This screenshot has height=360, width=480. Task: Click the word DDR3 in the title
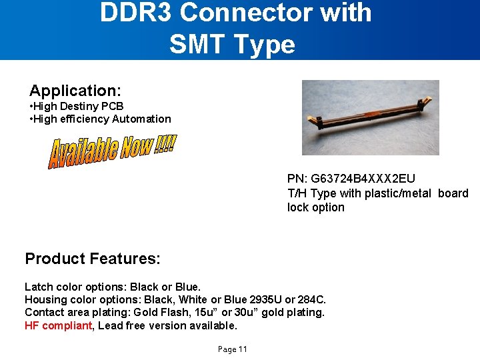pos(135,13)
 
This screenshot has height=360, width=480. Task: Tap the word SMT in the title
pos(195,45)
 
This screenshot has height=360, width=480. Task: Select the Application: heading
pos(74,91)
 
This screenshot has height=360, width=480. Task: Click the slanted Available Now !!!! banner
pos(112,151)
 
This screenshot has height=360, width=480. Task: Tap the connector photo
pos(370,117)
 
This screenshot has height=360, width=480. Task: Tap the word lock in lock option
pos(297,207)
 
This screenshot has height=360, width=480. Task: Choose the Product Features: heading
pos(93,259)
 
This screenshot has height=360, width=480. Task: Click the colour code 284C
pos(311,299)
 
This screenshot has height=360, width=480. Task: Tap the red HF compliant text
pos(58,325)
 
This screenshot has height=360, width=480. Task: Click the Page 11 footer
pos(232,349)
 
